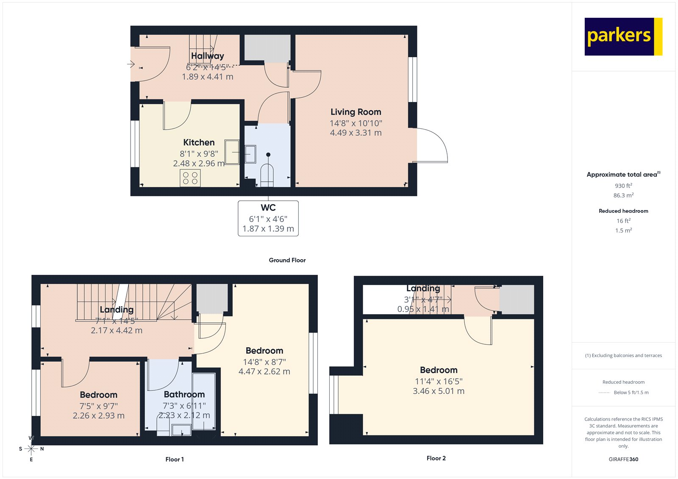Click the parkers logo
(623, 36)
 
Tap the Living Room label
(356, 112)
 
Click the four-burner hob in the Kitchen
(190, 178)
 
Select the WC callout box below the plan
(268, 218)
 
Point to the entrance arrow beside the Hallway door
(131, 64)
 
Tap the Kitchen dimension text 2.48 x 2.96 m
(198, 163)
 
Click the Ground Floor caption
(287, 260)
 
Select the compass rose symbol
(31, 449)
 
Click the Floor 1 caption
(174, 459)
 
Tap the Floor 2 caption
(436, 458)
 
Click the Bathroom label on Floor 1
(184, 394)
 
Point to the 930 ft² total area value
(623, 186)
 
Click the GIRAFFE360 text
(623, 459)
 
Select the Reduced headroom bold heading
(623, 211)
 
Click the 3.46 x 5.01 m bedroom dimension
(438, 391)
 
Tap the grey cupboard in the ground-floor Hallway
(267, 48)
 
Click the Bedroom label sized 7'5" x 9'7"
(98, 395)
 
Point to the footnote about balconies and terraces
(623, 356)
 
